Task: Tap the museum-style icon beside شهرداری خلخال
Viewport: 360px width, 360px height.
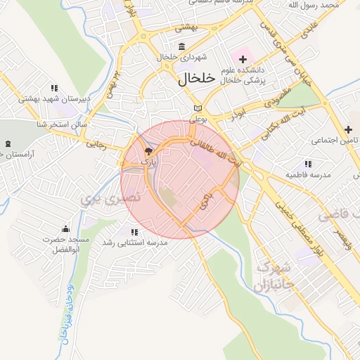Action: coord(182,47)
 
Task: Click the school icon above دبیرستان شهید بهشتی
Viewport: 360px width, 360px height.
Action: coord(53,89)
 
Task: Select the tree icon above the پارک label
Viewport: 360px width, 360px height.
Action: coord(148,151)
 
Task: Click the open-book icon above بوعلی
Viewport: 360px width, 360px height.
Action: coord(198,108)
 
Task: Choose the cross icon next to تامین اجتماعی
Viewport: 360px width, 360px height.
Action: coord(348,129)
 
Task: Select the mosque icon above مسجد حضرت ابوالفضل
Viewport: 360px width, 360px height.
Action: coord(65,229)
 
